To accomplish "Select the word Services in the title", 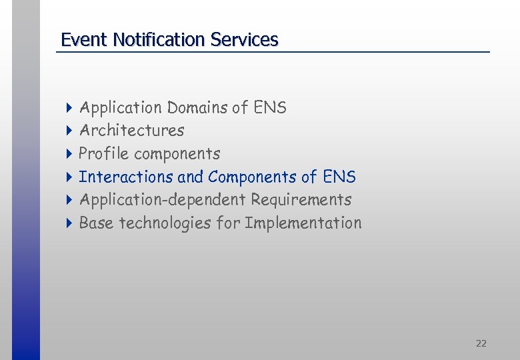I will point(244,40).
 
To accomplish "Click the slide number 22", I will point(481,343).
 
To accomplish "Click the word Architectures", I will point(131,130).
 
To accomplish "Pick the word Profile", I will point(103,153).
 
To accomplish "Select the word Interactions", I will point(126,177).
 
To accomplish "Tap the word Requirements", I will point(301,199).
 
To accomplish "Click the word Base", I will point(96,223).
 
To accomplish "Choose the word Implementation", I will point(303,223).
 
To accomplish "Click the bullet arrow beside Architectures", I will point(69,131).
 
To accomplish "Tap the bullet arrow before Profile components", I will point(69,154).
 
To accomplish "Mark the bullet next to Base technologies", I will point(69,223).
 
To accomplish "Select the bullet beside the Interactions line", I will point(69,177).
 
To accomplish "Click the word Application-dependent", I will point(162,199).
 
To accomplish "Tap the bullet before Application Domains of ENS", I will point(69,108).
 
